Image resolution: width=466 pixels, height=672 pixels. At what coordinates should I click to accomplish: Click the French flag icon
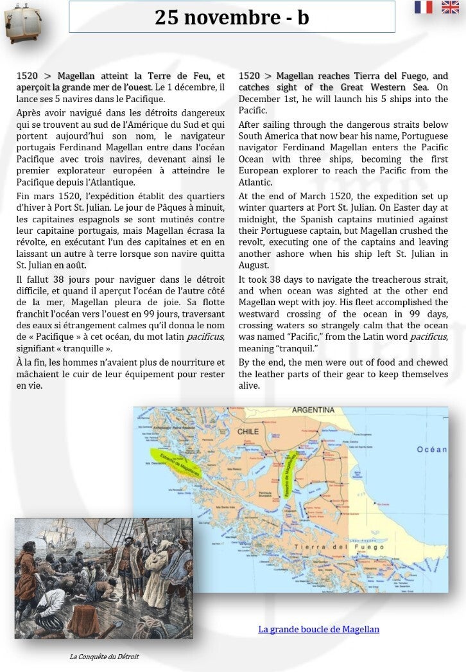[x=423, y=7]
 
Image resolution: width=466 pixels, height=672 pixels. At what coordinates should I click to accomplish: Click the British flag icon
[x=450, y=7]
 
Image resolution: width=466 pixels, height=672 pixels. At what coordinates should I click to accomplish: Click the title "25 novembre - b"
[x=232, y=17]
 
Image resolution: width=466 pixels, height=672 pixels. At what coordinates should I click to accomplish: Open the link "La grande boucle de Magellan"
[x=318, y=629]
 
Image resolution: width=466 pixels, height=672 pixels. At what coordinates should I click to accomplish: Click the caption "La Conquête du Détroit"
[x=104, y=657]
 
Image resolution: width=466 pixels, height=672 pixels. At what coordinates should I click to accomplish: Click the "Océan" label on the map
[x=431, y=450]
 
